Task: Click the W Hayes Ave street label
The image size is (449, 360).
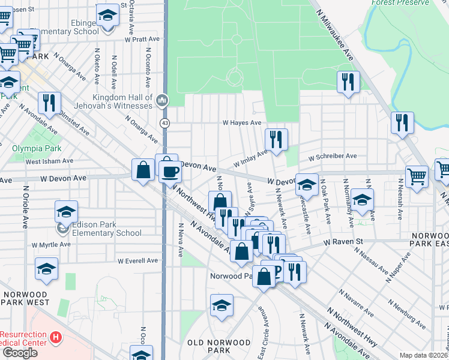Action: (242, 122)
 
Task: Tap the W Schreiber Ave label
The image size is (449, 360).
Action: (333, 157)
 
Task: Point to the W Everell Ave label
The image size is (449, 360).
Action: (137, 261)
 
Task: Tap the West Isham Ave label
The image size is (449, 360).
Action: (49, 161)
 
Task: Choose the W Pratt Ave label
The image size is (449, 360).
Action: (142, 39)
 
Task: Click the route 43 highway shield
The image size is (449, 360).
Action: (164, 123)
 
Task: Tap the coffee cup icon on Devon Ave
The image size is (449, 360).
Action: (169, 172)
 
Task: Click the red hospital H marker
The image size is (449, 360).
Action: (56, 338)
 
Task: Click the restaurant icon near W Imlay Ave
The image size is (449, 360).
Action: (276, 140)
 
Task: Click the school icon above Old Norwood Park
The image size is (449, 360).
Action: (221, 306)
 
